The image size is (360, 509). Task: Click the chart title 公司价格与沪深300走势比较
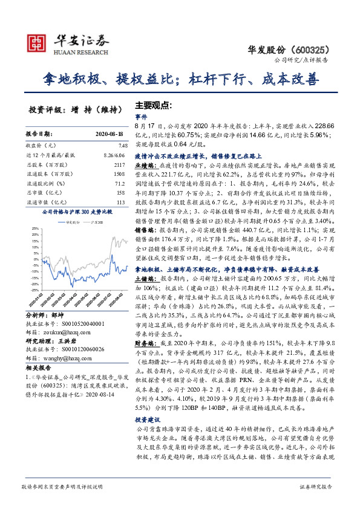[77, 213]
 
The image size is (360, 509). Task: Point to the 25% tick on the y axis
[36, 229]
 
